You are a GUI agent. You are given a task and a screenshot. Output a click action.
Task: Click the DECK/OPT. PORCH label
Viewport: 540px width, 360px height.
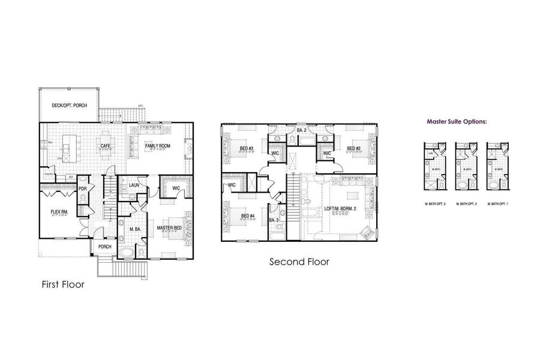coord(69,106)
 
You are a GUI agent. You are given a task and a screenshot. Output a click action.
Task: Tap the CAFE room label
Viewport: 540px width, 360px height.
coord(106,145)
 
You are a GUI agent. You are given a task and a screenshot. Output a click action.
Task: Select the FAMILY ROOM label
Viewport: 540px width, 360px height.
coord(158,145)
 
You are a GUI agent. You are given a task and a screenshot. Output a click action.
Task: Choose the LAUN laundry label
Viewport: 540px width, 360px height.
coord(134,185)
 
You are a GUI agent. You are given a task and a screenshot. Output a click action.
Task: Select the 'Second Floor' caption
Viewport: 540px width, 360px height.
coord(299,262)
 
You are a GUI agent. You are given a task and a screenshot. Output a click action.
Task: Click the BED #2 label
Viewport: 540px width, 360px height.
coord(353,148)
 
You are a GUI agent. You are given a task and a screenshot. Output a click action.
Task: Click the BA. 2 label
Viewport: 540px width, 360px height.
coord(302,130)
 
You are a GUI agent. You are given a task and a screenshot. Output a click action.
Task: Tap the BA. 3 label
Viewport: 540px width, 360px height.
coord(274,220)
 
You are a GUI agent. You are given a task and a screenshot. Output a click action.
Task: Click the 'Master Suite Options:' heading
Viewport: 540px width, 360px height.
coord(457,121)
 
